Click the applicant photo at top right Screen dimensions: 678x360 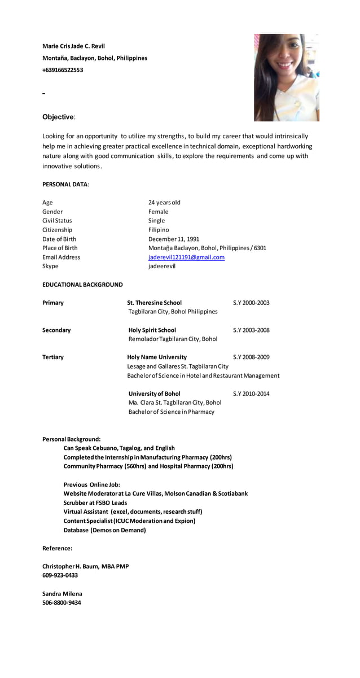[286, 78]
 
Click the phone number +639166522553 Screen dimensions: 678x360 [63, 70]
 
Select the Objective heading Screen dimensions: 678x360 [58, 117]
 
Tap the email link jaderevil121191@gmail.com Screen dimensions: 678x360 [186, 257]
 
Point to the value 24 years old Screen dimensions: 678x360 [164, 203]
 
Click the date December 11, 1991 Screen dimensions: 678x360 [173, 239]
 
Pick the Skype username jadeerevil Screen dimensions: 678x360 [161, 266]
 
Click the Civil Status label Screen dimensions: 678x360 [57, 221]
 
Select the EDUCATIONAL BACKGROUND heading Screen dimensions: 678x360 [82, 285]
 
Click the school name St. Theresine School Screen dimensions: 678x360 [155, 303]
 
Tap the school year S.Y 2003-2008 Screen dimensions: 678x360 [251, 330]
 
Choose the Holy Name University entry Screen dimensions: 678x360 [157, 357]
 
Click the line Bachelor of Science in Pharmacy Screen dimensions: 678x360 [171, 412]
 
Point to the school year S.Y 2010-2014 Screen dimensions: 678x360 [251, 394]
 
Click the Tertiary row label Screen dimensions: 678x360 [53, 357]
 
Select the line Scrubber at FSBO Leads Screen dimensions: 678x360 [95, 503]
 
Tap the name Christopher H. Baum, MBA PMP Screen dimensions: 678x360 [85, 566]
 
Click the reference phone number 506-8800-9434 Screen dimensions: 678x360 [62, 603]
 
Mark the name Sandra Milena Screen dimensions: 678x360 [62, 594]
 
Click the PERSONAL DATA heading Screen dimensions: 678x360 [65, 185]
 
